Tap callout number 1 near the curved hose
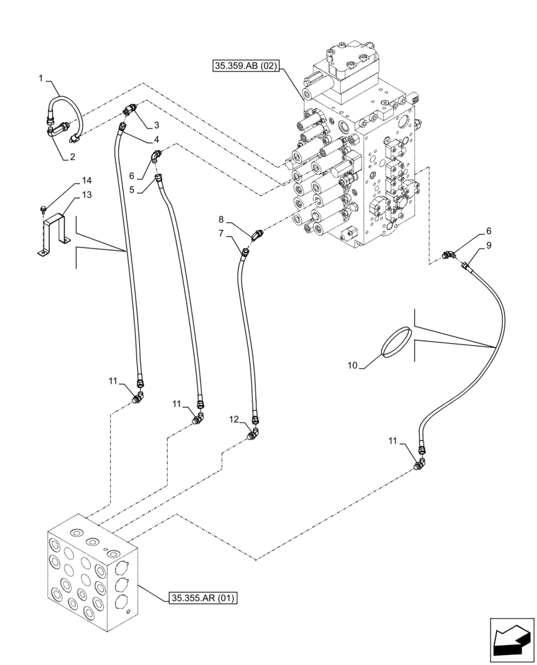pos(41,78)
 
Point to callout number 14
pos(86,181)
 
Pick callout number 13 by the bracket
pos(86,195)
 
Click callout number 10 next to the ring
pos(352,364)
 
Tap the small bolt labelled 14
pos(41,208)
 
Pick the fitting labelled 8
pos(258,235)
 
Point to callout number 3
pos(156,125)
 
